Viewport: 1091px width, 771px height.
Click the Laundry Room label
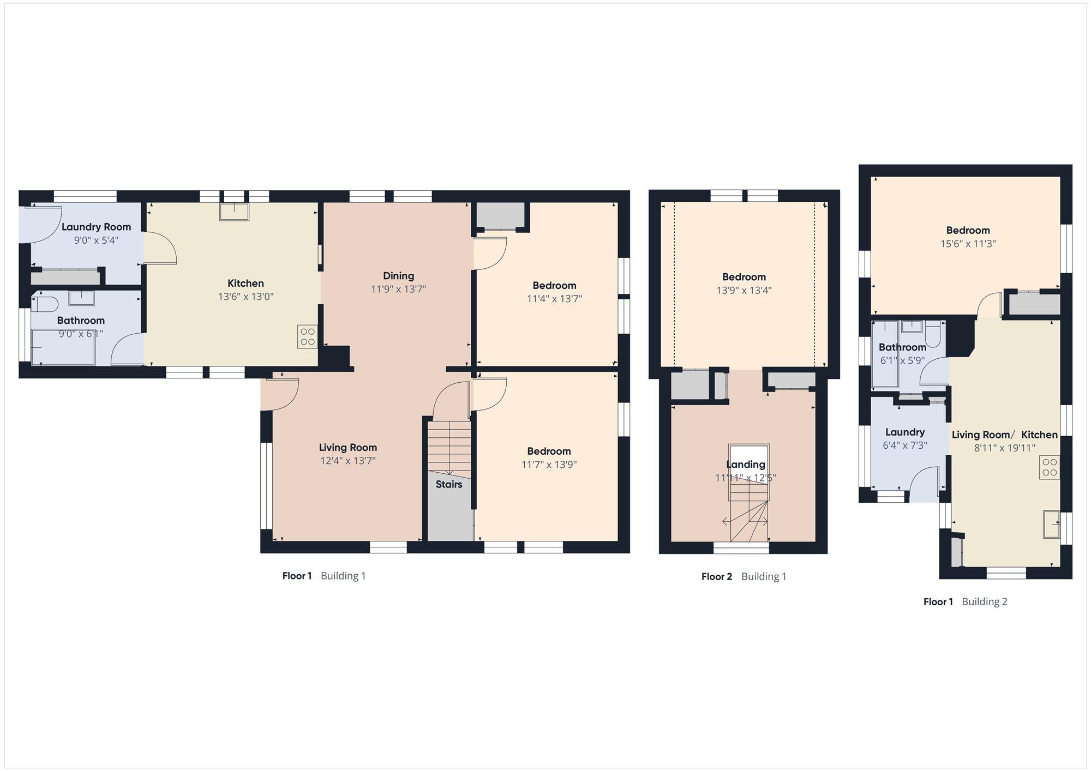pyautogui.click(x=96, y=227)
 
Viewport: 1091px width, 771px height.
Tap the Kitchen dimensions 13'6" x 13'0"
pyautogui.click(x=245, y=297)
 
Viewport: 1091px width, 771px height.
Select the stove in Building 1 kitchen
pyautogui.click(x=307, y=336)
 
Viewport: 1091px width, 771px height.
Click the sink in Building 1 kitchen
pyautogui.click(x=234, y=212)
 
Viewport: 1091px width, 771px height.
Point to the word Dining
pyautogui.click(x=398, y=276)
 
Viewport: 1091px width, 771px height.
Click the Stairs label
pyautogui.click(x=449, y=484)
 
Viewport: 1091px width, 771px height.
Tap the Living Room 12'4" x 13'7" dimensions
pyautogui.click(x=348, y=461)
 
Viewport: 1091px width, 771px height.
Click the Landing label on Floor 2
pyautogui.click(x=746, y=465)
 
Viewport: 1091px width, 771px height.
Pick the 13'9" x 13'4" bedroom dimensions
pyautogui.click(x=744, y=291)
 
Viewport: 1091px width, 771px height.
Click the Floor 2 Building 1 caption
pyautogui.click(x=744, y=576)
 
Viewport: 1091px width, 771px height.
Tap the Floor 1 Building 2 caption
pyautogui.click(x=966, y=602)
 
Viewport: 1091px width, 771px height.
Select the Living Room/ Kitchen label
pyautogui.click(x=1005, y=435)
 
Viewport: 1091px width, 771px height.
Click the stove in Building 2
pyautogui.click(x=1050, y=467)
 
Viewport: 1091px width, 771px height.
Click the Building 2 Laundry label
pyautogui.click(x=905, y=432)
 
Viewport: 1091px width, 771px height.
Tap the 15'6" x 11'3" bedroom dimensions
pyautogui.click(x=968, y=244)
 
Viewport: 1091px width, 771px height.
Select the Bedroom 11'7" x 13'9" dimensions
pyautogui.click(x=549, y=465)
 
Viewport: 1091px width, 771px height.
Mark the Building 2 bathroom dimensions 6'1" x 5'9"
pyautogui.click(x=902, y=360)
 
